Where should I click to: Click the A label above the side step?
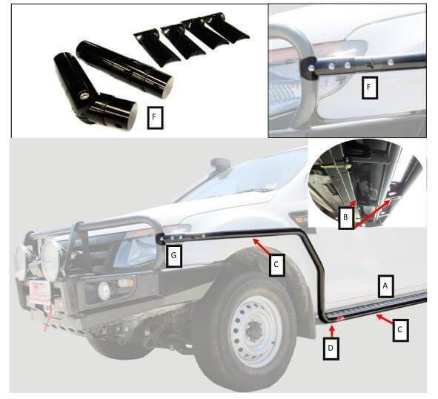384,286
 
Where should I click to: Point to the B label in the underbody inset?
345,219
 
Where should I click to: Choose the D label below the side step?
331,347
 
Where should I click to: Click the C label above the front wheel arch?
275,266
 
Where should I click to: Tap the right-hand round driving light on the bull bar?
51,260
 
